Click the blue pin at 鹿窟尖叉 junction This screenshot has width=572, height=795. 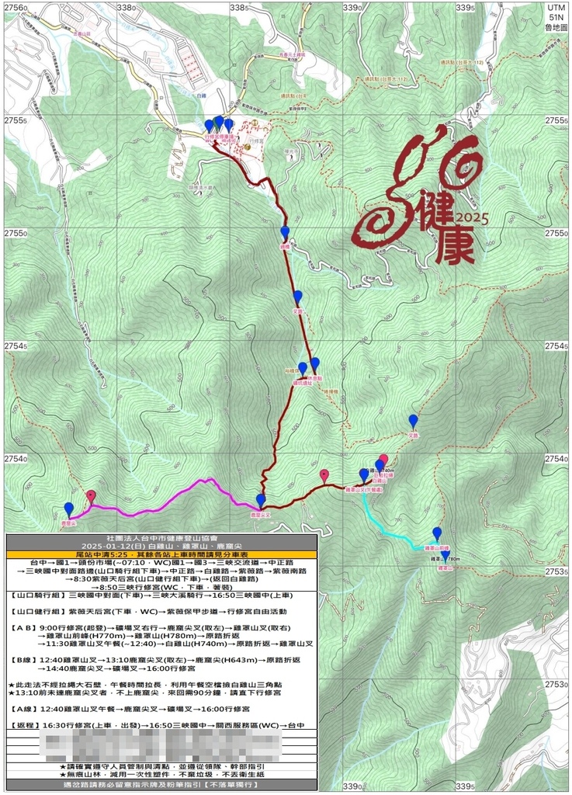click(261, 501)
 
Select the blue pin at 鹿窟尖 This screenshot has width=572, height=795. click(69, 509)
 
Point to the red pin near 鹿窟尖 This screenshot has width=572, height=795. click(91, 496)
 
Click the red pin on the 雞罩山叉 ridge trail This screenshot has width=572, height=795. click(324, 475)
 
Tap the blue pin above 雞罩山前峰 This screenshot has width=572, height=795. click(437, 533)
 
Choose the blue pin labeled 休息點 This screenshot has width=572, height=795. click(314, 364)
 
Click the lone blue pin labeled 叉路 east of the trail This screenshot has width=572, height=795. click(413, 421)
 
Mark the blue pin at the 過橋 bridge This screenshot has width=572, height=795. click(285, 232)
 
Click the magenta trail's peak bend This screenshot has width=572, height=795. click(206, 481)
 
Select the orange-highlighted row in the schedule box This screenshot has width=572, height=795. click(161, 554)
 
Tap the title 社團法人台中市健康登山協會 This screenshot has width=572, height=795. click(161, 537)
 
